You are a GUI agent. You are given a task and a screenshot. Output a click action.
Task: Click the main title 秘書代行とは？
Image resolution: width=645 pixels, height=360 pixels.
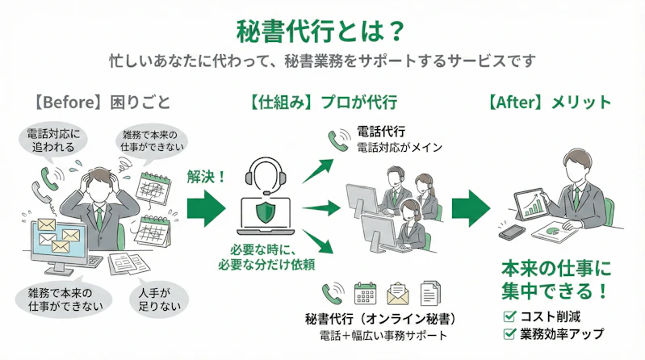(x=322, y=30)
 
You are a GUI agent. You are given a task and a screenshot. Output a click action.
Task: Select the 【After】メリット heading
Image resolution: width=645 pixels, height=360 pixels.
(x=549, y=103)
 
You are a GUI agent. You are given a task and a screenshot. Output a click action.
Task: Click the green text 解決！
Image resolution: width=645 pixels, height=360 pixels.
(x=206, y=174)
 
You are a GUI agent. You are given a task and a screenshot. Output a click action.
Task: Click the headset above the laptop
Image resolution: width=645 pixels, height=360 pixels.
(x=266, y=174)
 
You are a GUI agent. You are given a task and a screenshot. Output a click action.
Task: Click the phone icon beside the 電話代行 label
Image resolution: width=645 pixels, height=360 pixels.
(x=338, y=140)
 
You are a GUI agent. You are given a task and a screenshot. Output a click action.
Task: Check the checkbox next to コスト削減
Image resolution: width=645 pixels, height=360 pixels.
(x=509, y=316)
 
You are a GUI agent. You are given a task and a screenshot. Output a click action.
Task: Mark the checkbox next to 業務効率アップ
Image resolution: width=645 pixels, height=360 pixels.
(x=509, y=333)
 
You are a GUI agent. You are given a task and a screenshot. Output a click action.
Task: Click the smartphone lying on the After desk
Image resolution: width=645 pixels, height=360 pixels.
(x=513, y=232)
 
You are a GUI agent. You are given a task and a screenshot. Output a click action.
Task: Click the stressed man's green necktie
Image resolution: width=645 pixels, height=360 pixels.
(x=98, y=216)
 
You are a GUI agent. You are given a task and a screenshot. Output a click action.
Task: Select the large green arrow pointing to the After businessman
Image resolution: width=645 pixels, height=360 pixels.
(x=471, y=209)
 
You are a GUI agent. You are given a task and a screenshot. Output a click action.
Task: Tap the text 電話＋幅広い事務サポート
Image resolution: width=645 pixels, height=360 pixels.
(x=381, y=335)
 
